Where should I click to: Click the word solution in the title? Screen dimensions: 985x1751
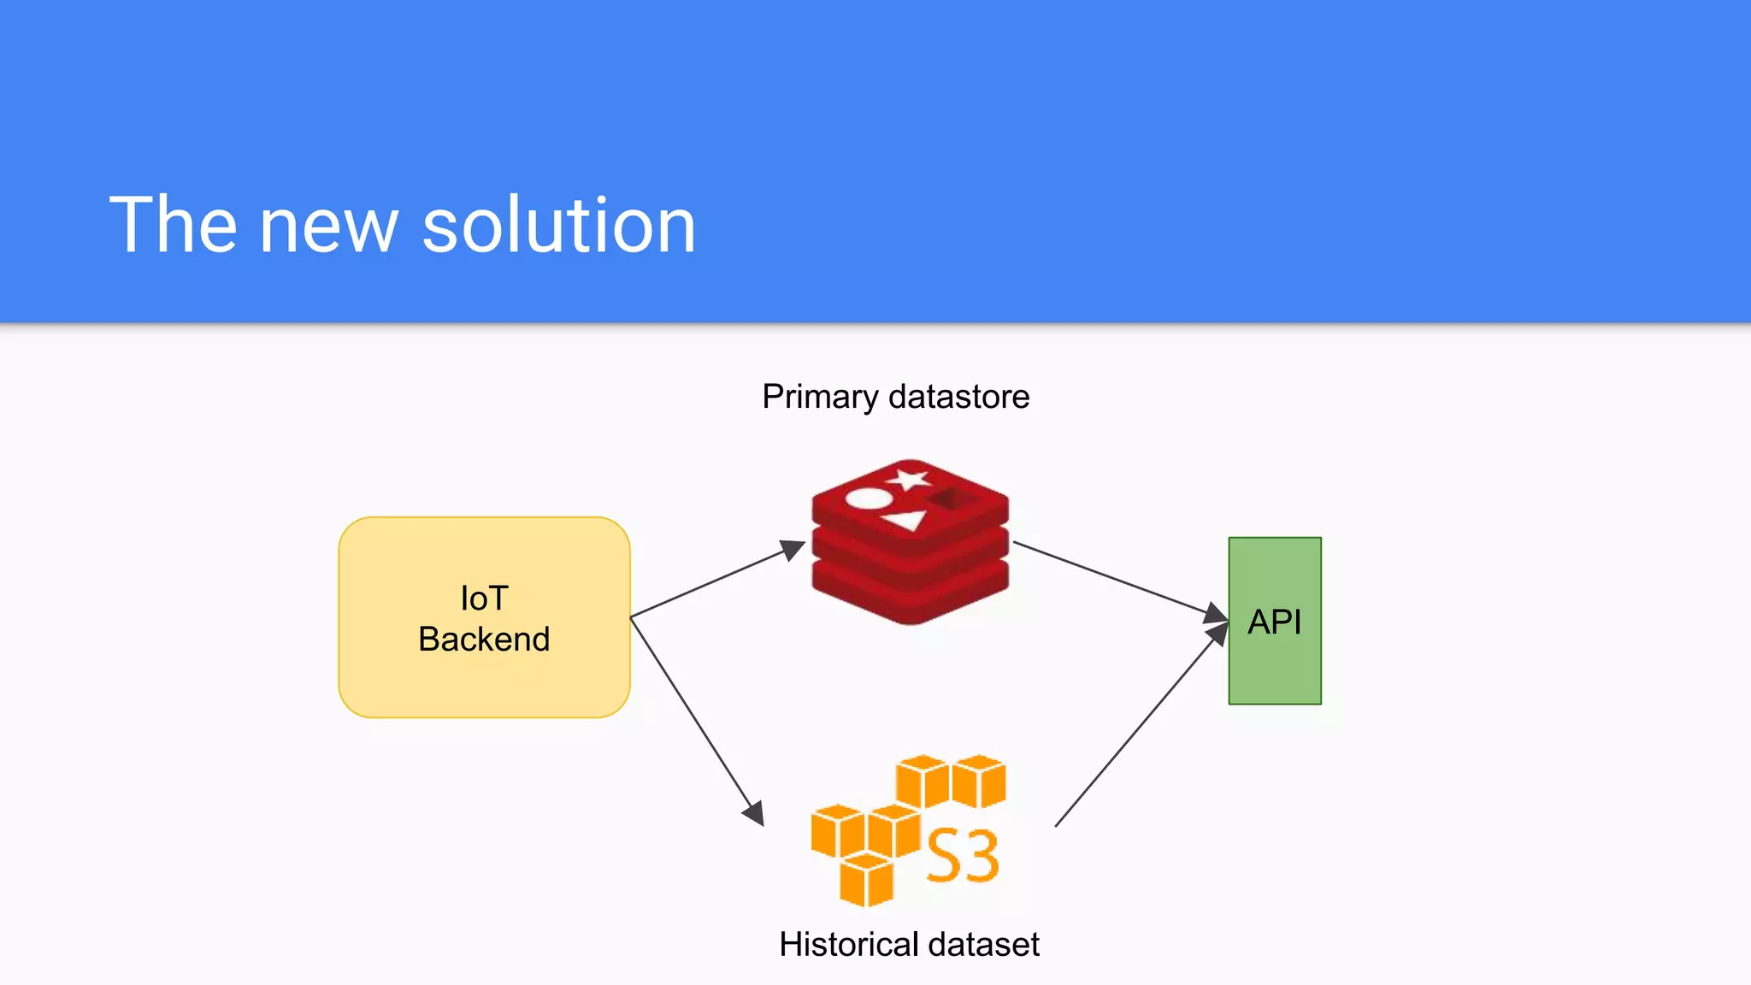click(559, 225)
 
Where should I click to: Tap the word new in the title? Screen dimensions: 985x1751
click(328, 227)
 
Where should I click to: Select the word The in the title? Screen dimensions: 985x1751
click(173, 225)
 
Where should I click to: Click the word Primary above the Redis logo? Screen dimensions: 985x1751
click(819, 398)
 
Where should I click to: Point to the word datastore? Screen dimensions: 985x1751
click(958, 397)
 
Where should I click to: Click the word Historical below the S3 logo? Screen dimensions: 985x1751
click(848, 945)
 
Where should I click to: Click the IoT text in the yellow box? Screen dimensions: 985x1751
click(484, 599)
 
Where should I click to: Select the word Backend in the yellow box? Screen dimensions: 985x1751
click(484, 640)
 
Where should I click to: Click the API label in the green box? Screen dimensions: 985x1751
click(1274, 622)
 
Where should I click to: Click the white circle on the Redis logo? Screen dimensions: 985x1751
click(867, 498)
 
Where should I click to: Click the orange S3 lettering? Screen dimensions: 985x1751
click(963, 856)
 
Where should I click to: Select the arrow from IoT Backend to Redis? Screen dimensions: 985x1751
click(716, 579)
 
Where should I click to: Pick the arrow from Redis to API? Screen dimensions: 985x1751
click(1120, 580)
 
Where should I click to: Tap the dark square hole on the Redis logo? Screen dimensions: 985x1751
click(949, 498)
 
